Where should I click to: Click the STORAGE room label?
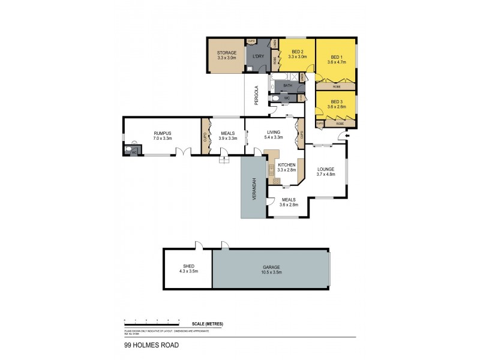pos(226,53)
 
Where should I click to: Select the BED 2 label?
pos(298,52)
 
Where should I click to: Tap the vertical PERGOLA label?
pos(256,96)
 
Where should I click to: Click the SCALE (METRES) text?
pos(208,323)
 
